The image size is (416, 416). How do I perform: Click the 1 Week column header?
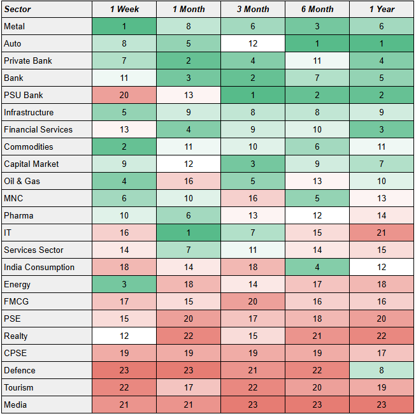tap(124, 10)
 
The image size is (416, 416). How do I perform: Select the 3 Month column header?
tap(252, 10)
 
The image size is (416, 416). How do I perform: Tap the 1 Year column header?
tap(381, 10)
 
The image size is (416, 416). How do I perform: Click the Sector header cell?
tap(47, 10)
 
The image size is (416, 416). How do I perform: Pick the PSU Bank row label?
tap(47, 96)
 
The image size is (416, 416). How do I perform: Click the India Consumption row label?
tap(47, 268)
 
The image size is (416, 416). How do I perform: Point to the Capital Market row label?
tap(47, 164)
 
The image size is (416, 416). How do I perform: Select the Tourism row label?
tap(47, 388)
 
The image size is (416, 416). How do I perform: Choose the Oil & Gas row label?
tap(47, 182)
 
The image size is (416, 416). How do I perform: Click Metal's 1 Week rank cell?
tap(124, 27)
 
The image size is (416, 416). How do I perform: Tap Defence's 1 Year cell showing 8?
tap(381, 371)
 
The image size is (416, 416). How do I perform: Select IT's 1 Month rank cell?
tap(188, 233)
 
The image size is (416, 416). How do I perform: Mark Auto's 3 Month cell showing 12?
tap(252, 44)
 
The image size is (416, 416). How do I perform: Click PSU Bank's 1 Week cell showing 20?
tap(124, 96)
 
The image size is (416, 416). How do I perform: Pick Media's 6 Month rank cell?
tap(317, 405)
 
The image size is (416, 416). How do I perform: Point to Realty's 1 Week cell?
tap(124, 336)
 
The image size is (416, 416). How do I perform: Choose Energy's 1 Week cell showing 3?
tap(124, 285)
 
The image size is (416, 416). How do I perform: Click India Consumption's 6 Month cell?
tap(317, 268)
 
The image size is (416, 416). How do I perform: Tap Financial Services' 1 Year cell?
tap(381, 130)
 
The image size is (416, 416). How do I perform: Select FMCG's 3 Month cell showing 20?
tap(252, 302)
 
